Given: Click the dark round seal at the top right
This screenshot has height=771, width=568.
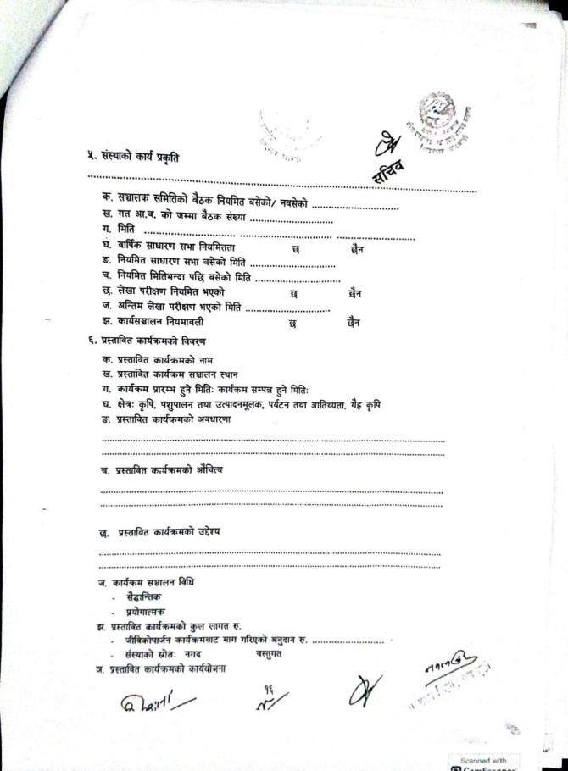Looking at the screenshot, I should (x=443, y=118).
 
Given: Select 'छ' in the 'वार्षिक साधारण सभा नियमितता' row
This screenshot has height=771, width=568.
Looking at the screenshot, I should (x=295, y=250).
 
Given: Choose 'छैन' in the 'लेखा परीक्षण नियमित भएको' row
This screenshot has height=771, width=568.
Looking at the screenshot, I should (x=355, y=294).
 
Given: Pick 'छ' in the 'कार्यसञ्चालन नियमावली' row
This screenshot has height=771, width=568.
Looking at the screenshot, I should (x=292, y=323).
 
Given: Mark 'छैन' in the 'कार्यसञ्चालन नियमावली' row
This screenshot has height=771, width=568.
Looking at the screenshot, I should (x=354, y=323).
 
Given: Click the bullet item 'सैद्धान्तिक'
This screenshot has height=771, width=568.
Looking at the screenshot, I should (x=136, y=597).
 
